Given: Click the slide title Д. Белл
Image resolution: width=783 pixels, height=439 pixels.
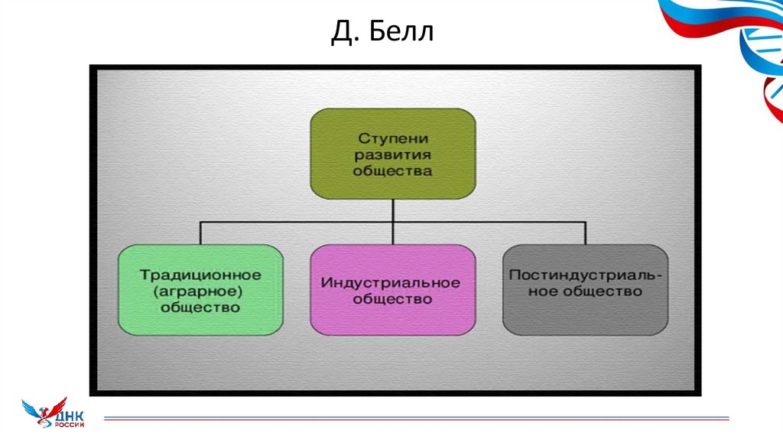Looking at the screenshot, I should [x=382, y=34].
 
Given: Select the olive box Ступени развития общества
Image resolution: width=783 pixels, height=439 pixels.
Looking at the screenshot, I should [x=392, y=154].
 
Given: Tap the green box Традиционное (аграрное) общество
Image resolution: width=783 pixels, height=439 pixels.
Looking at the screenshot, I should [x=200, y=290].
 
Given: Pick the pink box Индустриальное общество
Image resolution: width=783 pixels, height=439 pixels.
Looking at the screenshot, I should [x=392, y=290].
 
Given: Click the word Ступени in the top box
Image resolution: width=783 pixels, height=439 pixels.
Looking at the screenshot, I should [x=392, y=138].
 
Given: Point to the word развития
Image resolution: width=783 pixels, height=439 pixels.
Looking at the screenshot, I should [x=392, y=154].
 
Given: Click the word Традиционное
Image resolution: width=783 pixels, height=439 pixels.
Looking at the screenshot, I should [x=200, y=274].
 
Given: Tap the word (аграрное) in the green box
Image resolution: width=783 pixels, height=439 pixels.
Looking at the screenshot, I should [x=200, y=291].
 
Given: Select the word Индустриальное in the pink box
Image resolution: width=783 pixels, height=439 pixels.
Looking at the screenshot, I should [x=391, y=282].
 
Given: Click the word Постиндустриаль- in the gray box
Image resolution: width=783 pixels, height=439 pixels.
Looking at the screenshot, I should [x=585, y=275].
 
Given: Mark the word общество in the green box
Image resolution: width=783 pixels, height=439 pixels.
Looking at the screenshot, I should [x=200, y=307].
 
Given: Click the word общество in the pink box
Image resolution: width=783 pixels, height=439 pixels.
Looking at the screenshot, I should [x=392, y=299].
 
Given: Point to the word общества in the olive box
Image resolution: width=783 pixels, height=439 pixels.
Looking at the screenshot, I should [x=392, y=171].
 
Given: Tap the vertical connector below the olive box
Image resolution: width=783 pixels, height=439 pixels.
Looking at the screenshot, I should [x=392, y=211].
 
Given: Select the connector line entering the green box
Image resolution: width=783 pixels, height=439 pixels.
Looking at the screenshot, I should [x=200, y=233].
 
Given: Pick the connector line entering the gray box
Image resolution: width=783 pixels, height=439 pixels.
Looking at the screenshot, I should [x=585, y=233].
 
